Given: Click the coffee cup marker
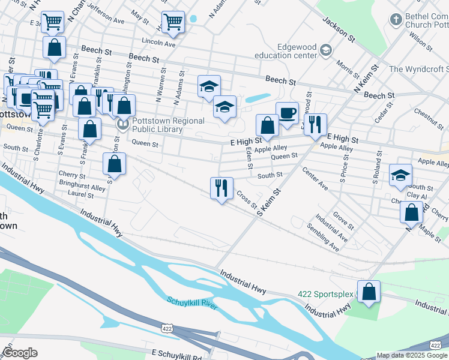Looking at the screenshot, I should [287, 113].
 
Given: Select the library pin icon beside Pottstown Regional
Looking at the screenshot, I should [122, 125].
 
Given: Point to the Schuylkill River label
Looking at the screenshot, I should [191, 303].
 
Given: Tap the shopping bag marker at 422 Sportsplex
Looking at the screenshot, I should [369, 292].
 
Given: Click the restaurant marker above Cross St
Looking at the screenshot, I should [221, 188].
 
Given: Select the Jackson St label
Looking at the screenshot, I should [337, 29].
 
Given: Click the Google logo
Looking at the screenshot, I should [20, 353].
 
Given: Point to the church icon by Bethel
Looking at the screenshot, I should [396, 20].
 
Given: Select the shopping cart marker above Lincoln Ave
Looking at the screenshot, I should [173, 22].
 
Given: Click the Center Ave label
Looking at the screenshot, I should [315, 179].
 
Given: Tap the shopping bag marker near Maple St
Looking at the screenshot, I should [411, 212].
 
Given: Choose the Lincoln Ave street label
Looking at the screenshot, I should [158, 43].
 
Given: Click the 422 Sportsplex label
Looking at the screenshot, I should [325, 295].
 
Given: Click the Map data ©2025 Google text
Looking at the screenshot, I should [411, 355].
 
